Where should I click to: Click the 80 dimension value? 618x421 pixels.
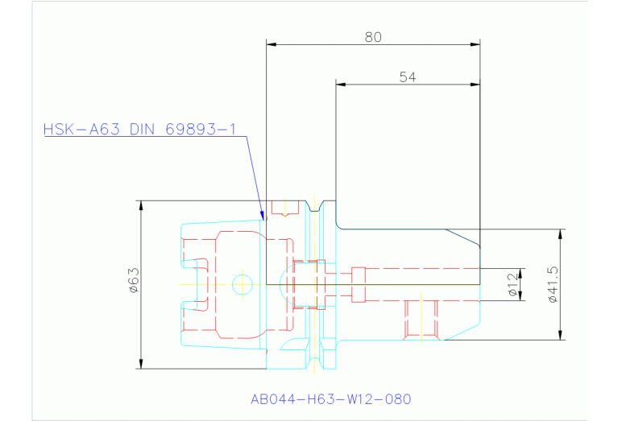click(x=373, y=37)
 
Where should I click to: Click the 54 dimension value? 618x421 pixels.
click(x=408, y=76)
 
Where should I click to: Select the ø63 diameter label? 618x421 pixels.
click(x=134, y=280)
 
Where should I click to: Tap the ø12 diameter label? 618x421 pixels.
click(x=512, y=284)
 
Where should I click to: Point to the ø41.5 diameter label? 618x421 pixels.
click(x=554, y=284)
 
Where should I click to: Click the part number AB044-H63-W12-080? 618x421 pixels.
click(x=330, y=399)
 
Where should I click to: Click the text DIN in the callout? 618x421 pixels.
click(x=142, y=129)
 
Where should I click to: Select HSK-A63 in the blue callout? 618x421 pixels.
click(x=81, y=129)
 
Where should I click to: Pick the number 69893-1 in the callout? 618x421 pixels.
click(x=200, y=129)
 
